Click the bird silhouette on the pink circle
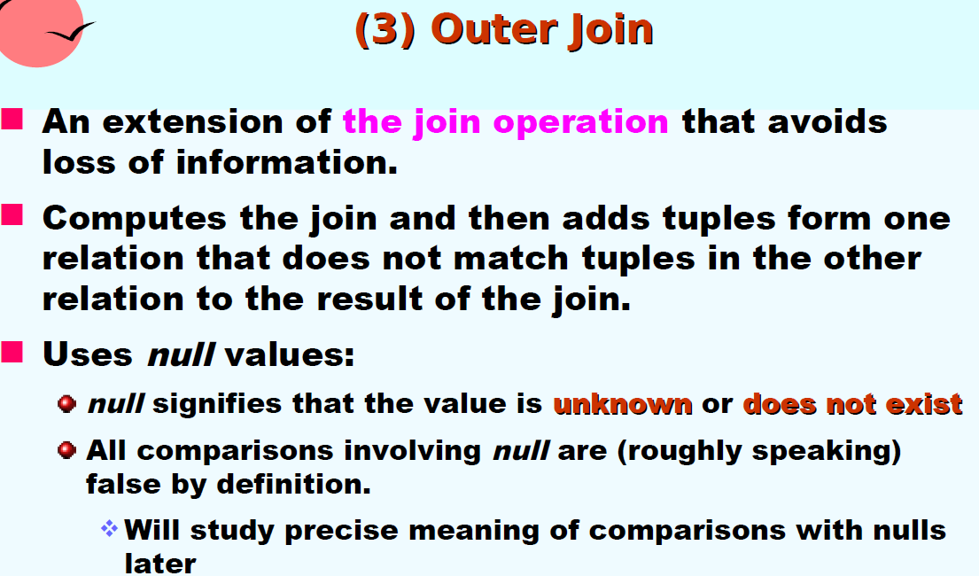point(71,32)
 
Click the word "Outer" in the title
point(493,29)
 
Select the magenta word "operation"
point(580,122)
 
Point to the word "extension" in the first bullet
point(191,121)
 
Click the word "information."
point(286,162)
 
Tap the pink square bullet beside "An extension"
point(12,119)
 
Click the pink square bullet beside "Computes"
point(12,214)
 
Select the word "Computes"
point(135,219)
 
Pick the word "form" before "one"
point(829,219)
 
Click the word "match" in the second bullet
point(510,259)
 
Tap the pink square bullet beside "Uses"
point(12,352)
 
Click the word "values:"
point(289,354)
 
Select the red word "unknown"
point(623,404)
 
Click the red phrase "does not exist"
point(852,404)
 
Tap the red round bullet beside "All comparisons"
point(66,450)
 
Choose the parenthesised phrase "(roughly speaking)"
point(759,451)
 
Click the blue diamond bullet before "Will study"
point(109,528)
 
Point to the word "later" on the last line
point(160,563)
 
